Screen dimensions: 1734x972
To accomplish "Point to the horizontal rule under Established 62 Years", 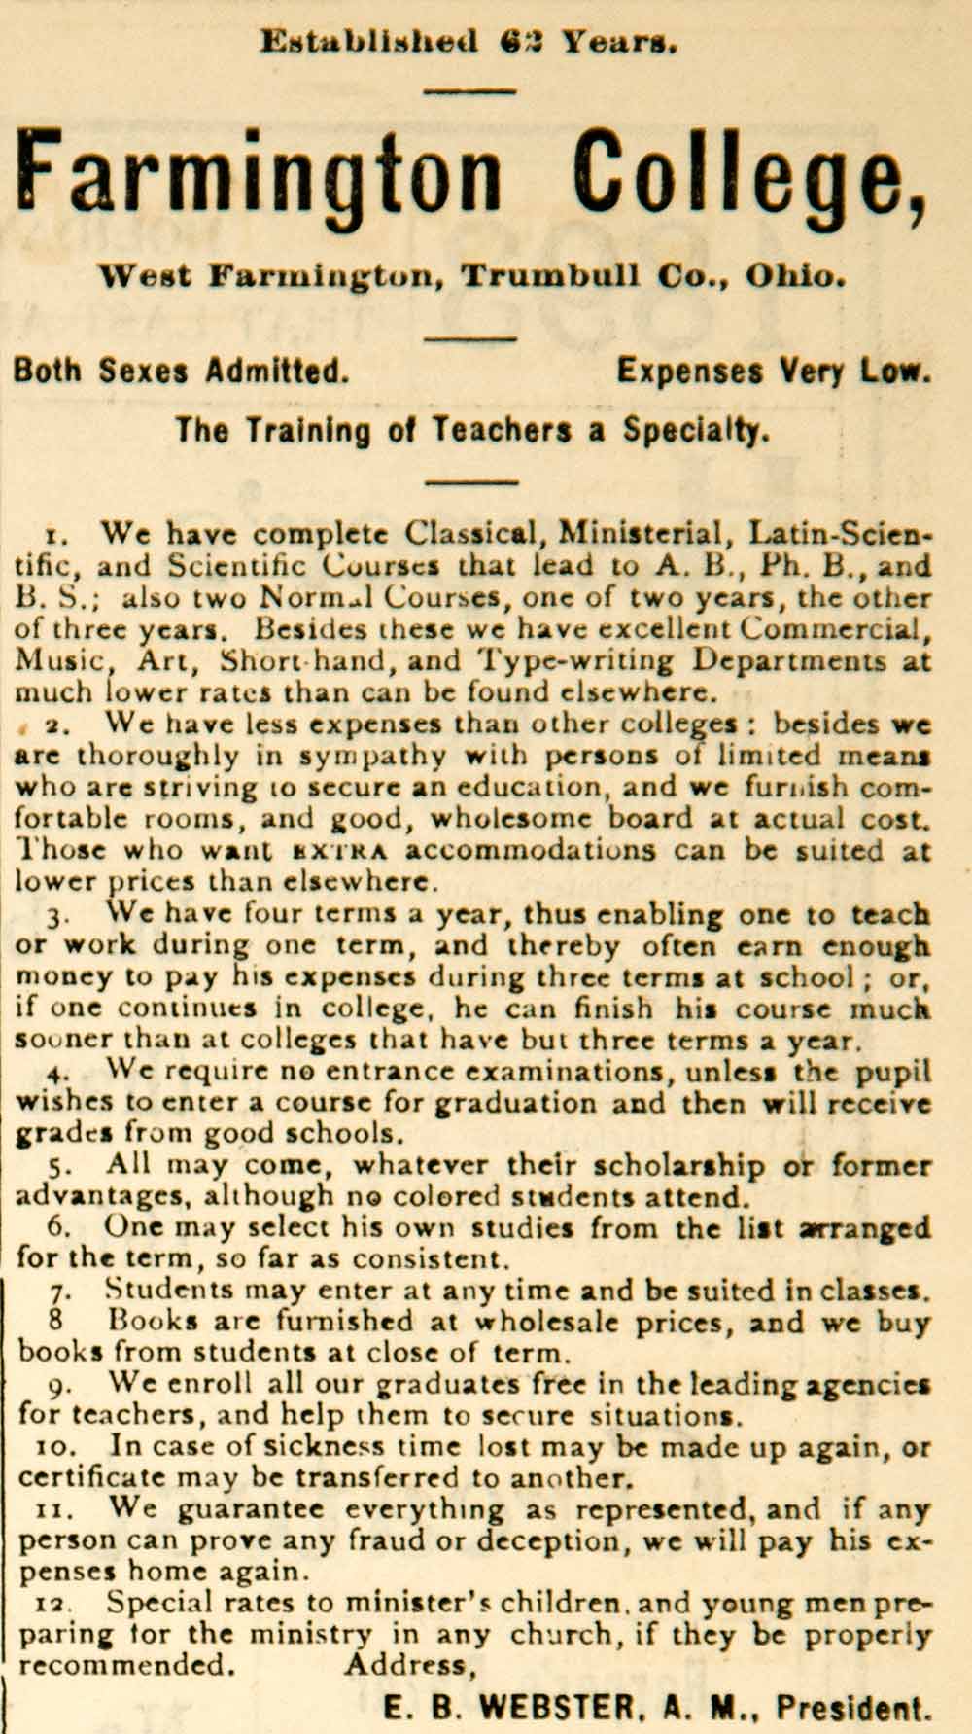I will coord(469,91).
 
